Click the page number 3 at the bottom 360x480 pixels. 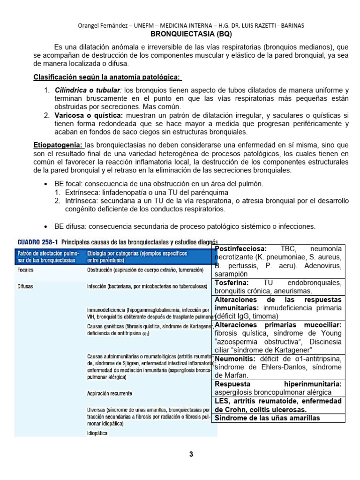(x=191, y=454)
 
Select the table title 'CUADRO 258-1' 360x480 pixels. (x=36, y=242)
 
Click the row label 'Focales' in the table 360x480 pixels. (x=25, y=270)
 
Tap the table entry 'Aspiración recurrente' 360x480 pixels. (x=109, y=394)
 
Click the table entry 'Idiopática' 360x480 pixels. (x=97, y=433)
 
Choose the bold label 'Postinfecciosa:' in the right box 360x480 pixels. (x=240, y=248)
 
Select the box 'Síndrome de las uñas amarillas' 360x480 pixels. (x=267, y=418)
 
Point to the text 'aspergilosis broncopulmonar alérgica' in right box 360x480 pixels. (x=273, y=392)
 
